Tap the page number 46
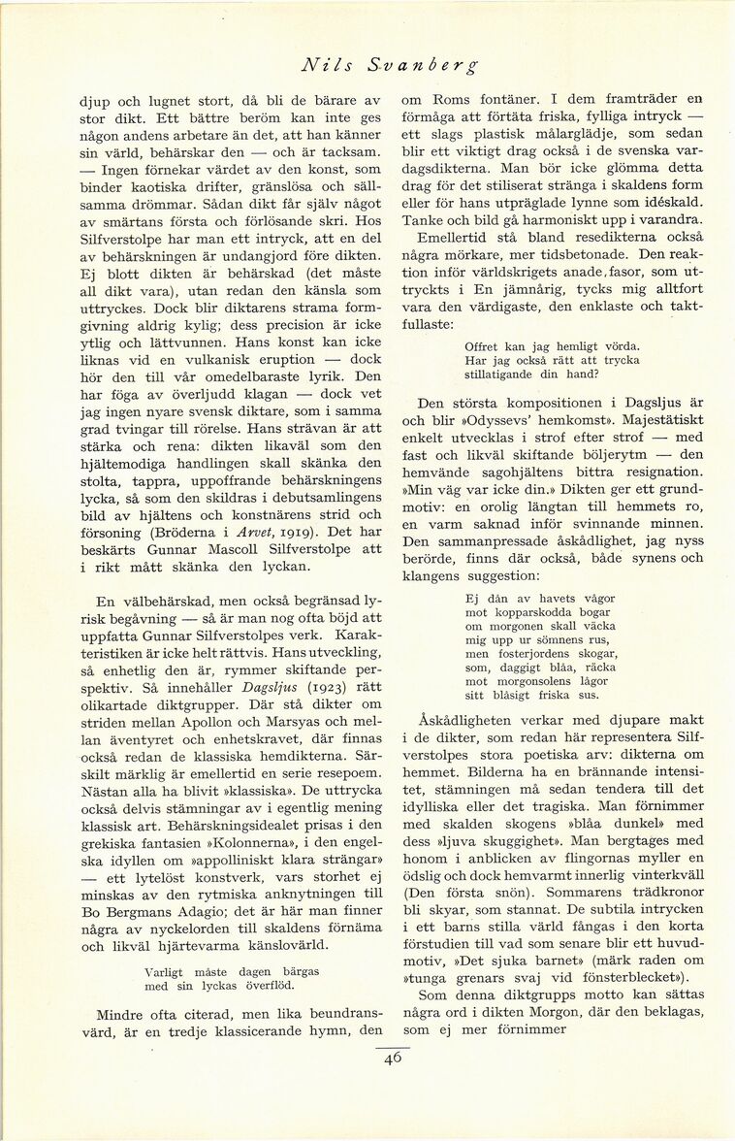click(x=392, y=1059)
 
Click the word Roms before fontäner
click(x=447, y=98)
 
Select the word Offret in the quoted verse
click(x=485, y=346)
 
